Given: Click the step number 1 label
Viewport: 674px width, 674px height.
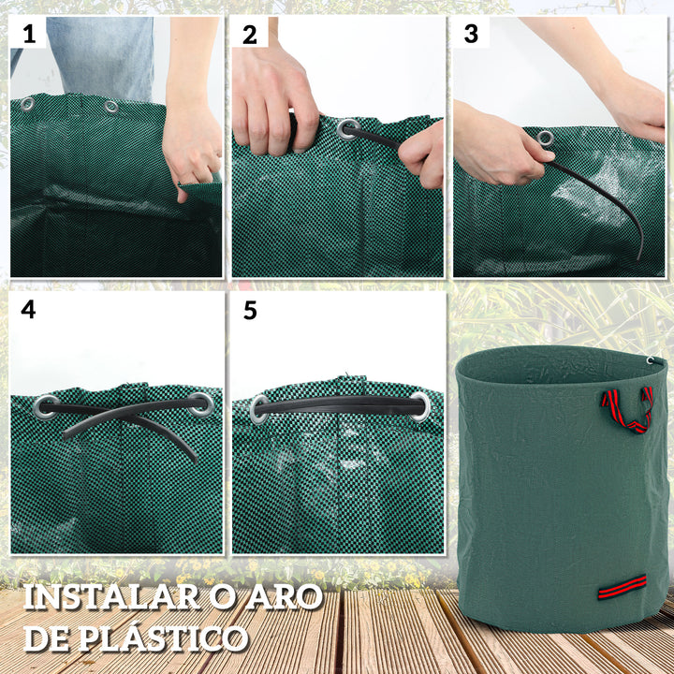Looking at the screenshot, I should click(x=29, y=36).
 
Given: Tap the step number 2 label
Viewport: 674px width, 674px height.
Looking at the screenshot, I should click(x=250, y=36).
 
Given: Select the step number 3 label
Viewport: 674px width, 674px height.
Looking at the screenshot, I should click(x=471, y=36).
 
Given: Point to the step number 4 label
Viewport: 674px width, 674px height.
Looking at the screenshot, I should click(x=29, y=310).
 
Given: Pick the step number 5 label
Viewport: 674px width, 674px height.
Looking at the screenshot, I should click(x=250, y=310).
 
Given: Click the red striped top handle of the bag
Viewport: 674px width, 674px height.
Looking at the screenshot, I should click(x=626, y=409).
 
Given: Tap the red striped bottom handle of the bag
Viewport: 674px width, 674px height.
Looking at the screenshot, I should click(x=623, y=588).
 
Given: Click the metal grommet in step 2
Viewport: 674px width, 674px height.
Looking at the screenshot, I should click(x=347, y=128).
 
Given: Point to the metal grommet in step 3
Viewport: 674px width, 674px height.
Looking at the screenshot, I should click(x=545, y=139).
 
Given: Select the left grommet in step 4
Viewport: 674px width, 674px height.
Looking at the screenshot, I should click(x=45, y=406).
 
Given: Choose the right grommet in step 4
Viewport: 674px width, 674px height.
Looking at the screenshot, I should click(x=199, y=404).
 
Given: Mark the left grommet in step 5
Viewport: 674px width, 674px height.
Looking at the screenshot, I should click(x=259, y=408).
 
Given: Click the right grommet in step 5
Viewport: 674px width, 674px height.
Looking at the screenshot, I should click(x=418, y=406).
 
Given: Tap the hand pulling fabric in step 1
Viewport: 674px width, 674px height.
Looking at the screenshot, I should click(x=191, y=150).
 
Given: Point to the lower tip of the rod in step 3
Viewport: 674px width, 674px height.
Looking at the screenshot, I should click(x=640, y=256).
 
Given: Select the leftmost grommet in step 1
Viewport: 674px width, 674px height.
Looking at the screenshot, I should click(x=28, y=104).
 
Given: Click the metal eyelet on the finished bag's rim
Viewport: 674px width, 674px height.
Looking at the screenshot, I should click(x=650, y=359).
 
